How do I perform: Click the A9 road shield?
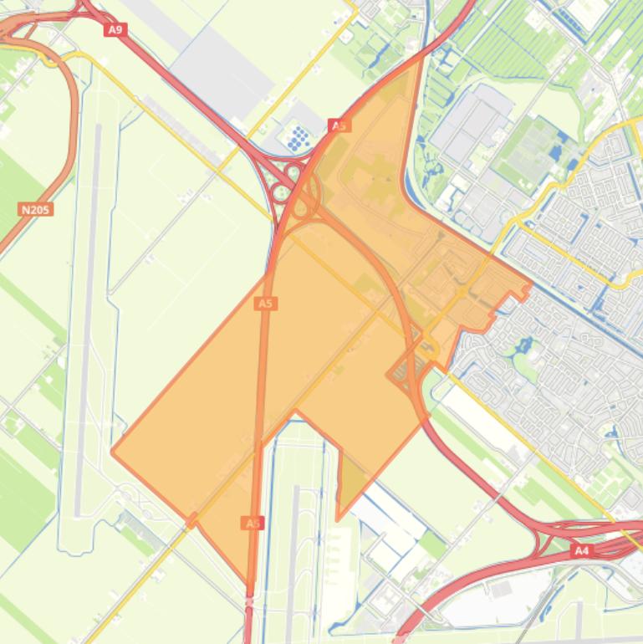(115, 30)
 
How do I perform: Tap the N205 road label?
(35, 209)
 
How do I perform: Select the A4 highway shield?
(582, 551)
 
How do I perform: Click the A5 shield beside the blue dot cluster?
(339, 125)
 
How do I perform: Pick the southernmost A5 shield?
(253, 523)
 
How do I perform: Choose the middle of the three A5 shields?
(265, 303)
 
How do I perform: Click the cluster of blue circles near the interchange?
(299, 139)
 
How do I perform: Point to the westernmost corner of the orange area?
(112, 451)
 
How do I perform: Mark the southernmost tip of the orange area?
(249, 583)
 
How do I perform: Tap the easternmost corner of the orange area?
(530, 284)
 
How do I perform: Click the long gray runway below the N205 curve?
(89, 318)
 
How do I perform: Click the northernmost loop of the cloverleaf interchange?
(293, 173)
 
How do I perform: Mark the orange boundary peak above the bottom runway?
(295, 411)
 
